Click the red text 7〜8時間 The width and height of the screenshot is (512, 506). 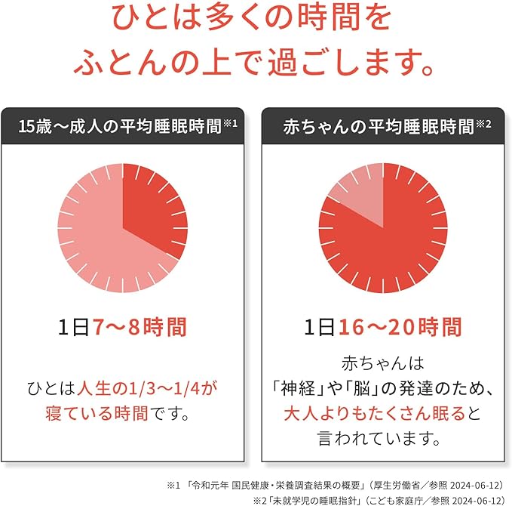(139, 327)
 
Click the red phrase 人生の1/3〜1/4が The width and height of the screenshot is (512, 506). (147, 389)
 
